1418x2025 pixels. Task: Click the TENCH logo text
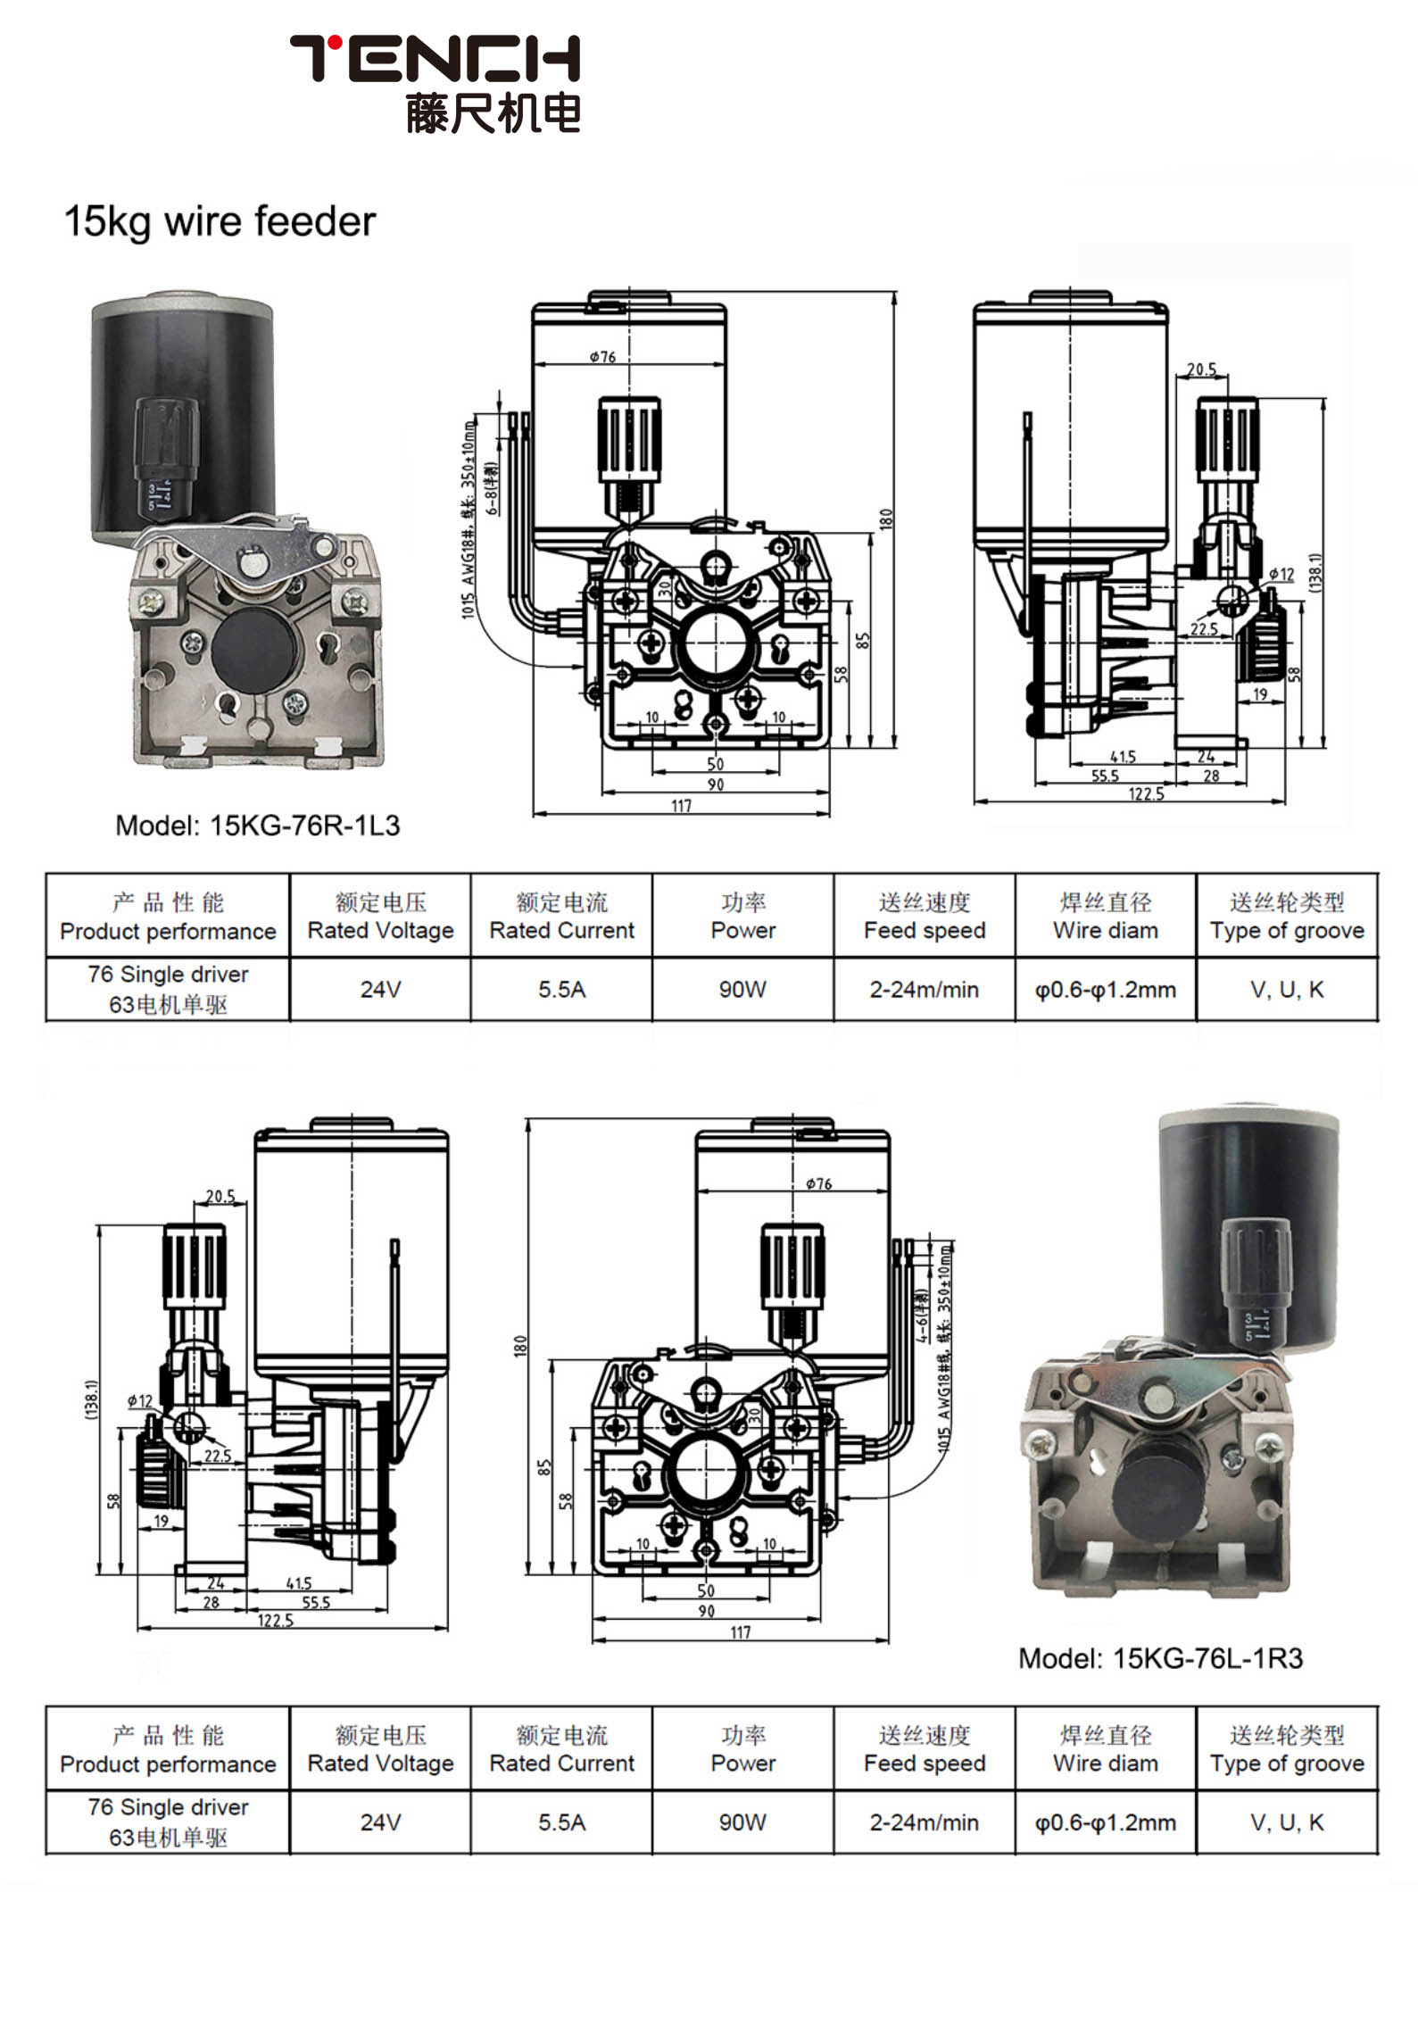(x=435, y=58)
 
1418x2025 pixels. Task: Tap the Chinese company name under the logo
(x=493, y=113)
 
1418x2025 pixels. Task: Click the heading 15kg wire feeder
(x=220, y=221)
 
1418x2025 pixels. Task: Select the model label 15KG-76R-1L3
(x=258, y=825)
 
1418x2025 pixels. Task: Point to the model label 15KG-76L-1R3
(x=1160, y=1658)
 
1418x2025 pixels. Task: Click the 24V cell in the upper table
(x=380, y=989)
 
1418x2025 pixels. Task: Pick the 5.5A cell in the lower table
(x=561, y=1822)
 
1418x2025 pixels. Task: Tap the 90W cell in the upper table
(x=742, y=989)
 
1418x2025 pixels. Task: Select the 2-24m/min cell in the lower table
(x=924, y=1822)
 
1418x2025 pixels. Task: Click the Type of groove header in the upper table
(x=1287, y=930)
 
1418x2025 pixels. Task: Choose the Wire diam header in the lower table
(x=1105, y=1763)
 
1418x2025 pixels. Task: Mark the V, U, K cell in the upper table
(x=1287, y=989)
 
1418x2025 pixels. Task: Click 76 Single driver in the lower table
(x=168, y=1806)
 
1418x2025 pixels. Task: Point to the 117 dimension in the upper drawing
(x=681, y=806)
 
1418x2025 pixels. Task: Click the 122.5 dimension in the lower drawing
(x=275, y=1620)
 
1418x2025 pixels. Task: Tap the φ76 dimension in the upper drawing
(x=603, y=357)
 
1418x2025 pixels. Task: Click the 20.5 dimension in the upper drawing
(x=1201, y=369)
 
